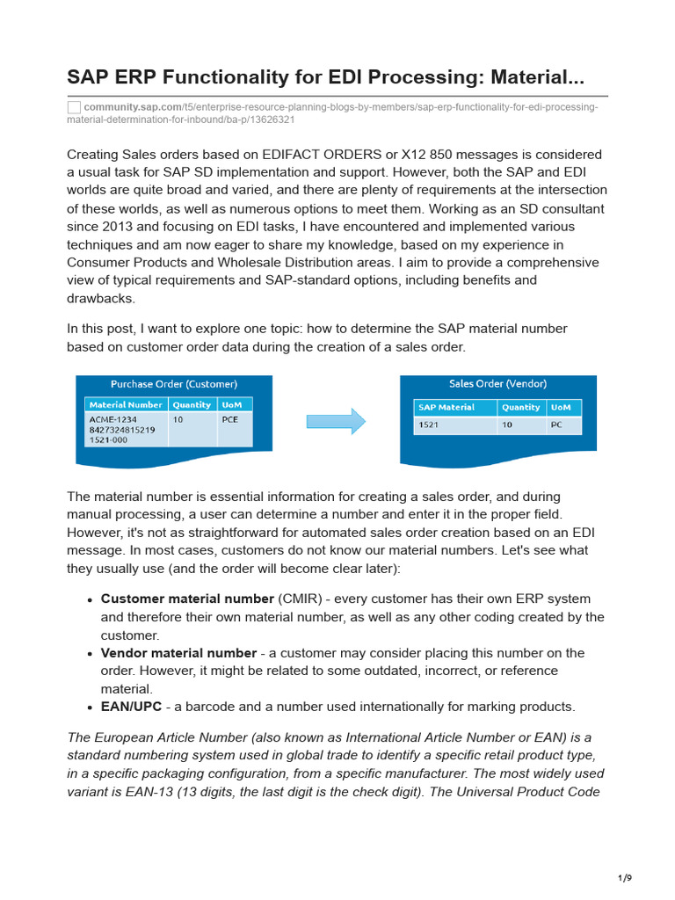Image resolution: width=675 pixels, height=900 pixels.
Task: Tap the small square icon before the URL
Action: (74, 107)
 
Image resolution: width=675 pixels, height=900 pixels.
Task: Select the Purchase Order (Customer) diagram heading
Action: (173, 384)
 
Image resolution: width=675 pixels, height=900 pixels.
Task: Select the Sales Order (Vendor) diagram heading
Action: (497, 383)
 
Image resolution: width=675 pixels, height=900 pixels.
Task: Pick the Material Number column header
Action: (126, 405)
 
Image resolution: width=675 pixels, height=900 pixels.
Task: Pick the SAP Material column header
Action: (446, 408)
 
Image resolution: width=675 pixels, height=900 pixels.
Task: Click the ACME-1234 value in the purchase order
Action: (112, 419)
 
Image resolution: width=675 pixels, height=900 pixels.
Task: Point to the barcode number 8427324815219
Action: (122, 430)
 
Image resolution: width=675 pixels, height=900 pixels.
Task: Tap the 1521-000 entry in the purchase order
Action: (108, 440)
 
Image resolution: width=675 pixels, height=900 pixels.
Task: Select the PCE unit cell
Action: (230, 419)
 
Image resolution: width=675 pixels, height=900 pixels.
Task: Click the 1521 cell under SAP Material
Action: (429, 425)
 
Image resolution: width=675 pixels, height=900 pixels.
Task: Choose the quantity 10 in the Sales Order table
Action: (507, 425)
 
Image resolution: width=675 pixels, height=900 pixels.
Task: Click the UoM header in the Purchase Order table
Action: (232, 405)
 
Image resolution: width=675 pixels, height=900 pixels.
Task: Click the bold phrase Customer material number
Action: (187, 599)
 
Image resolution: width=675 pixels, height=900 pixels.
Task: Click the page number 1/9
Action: (625, 878)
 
